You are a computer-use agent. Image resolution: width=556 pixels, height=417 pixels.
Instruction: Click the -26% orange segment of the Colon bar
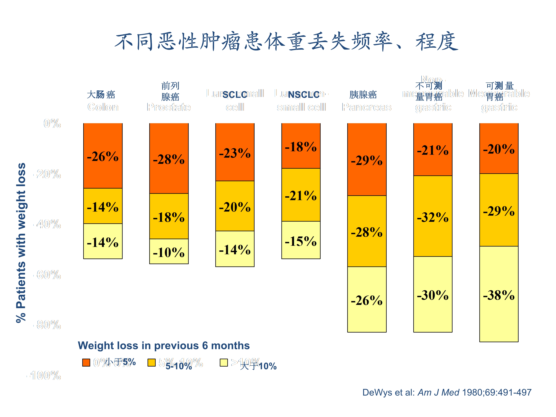pos(103,156)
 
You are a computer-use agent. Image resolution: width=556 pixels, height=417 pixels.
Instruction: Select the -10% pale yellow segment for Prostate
pos(169,251)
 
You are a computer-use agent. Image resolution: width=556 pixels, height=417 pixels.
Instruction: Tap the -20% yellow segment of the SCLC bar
pos(235,206)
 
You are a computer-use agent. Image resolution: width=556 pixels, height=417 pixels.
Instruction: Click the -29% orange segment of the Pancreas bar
pos(367,159)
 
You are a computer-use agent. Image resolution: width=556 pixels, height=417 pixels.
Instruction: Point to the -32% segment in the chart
pos(433,216)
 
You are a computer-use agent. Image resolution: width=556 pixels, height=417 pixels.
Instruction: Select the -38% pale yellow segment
pos(499,294)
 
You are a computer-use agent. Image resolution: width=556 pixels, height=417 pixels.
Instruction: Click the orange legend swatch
pos(86,363)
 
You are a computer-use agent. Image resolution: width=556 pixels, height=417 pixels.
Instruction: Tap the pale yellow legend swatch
pos(224,363)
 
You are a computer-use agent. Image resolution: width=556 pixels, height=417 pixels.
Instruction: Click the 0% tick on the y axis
pos(52,123)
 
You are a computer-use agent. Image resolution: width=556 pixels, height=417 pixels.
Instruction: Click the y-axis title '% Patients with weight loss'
pos(21,243)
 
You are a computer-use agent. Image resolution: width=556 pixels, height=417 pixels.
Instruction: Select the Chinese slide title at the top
pos(287,42)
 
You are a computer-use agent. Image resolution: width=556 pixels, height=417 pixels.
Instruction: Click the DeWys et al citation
pos(447,392)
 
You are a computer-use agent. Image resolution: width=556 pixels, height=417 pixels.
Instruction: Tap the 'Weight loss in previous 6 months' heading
pos(164,346)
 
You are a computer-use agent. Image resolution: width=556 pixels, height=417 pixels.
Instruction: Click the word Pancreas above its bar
pos(366,107)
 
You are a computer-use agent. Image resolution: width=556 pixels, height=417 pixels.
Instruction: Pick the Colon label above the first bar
pos(103,107)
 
